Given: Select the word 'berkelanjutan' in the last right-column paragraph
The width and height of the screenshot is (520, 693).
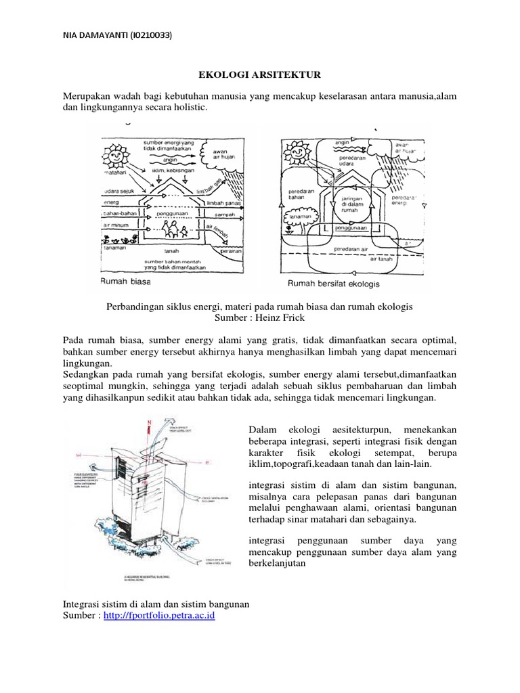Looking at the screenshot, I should (x=278, y=563).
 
